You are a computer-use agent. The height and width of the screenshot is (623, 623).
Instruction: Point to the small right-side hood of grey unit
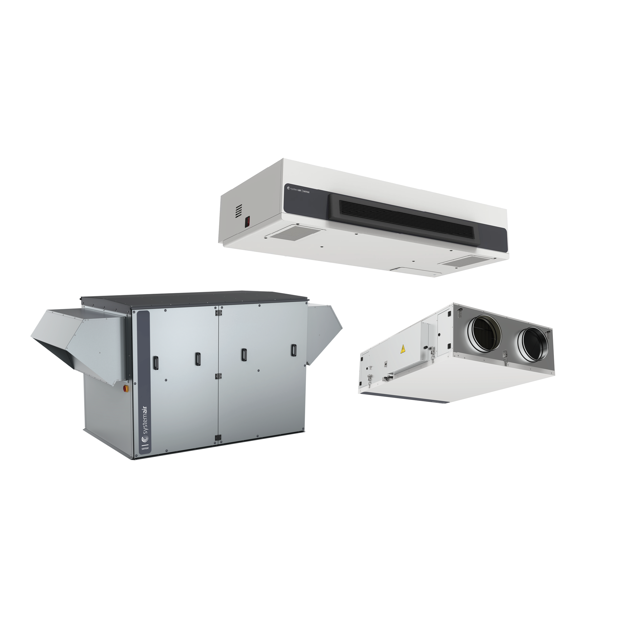321,332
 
